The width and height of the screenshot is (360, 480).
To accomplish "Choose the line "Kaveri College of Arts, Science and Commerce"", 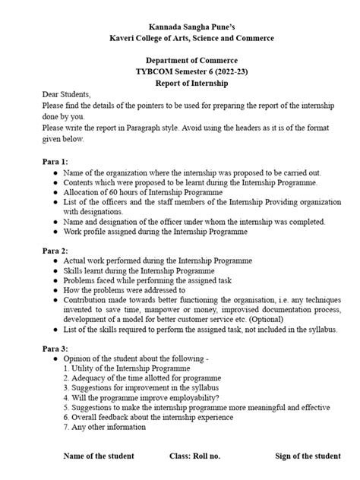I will coord(180,37).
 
